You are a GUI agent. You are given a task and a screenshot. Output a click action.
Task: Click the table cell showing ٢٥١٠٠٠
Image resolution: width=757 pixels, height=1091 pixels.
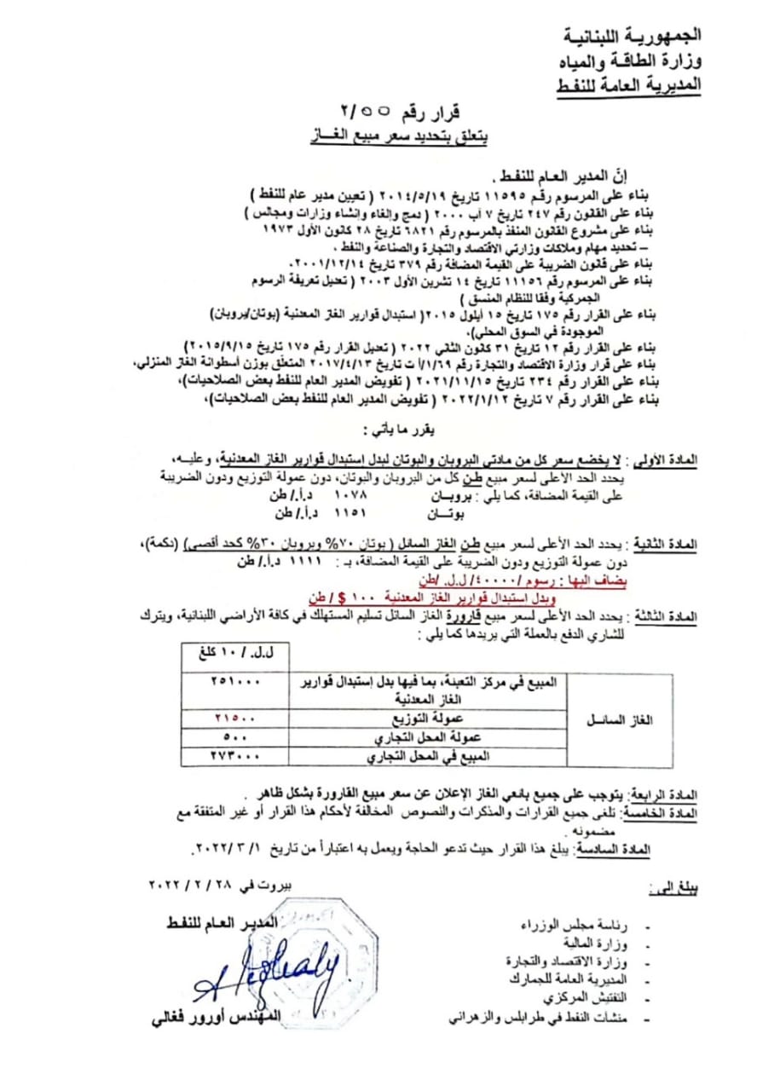tap(237, 682)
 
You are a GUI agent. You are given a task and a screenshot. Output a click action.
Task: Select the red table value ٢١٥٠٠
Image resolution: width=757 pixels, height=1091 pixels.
tap(237, 719)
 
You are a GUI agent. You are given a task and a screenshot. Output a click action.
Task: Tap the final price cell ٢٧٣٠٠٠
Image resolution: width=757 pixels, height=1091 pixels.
tap(237, 756)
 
